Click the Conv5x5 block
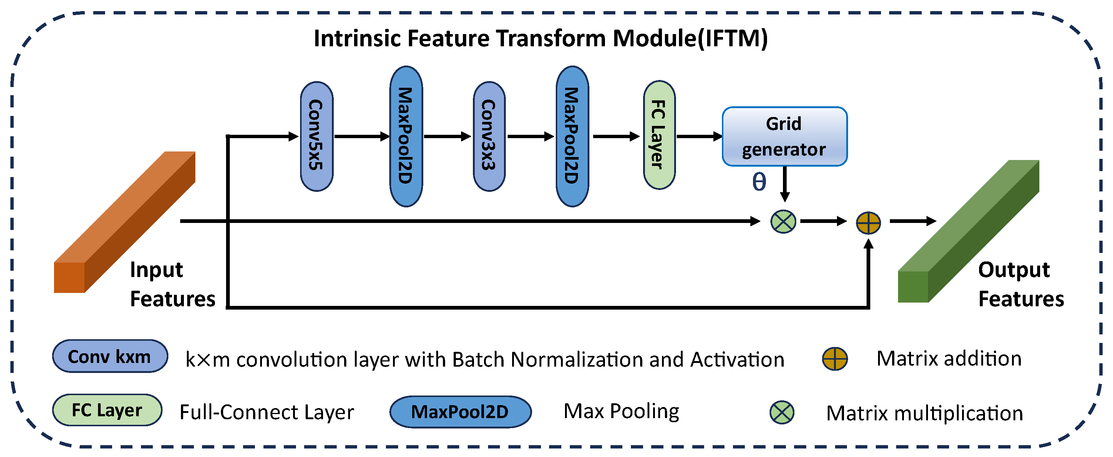coord(317,136)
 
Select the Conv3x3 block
coord(489,136)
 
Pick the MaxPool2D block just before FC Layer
coord(572,136)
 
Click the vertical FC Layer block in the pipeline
coord(659,135)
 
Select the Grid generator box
coord(784,136)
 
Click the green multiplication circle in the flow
coord(783,221)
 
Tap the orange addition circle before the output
coord(868,223)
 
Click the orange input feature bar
coord(125,221)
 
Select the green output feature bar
coord(968,231)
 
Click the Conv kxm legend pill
coord(110,356)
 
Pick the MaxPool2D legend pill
coord(460,411)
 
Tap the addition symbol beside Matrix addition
coord(834,358)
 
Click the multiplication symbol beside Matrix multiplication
coord(781,412)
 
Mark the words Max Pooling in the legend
coord(621,411)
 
